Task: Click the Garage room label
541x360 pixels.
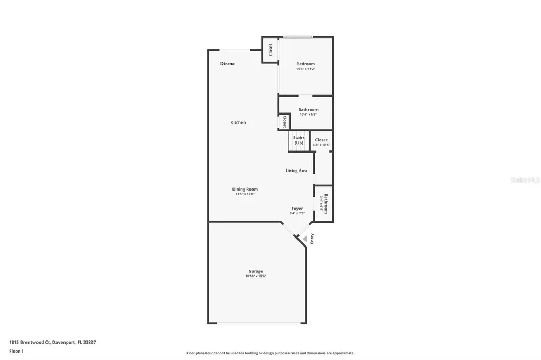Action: pyautogui.click(x=256, y=271)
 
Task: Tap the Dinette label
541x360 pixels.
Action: pyautogui.click(x=227, y=64)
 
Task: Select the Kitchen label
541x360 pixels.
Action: pyautogui.click(x=238, y=122)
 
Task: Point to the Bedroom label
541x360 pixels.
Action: pyautogui.click(x=305, y=64)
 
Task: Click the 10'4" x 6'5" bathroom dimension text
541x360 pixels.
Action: pyautogui.click(x=308, y=115)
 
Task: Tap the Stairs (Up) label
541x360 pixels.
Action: pyautogui.click(x=299, y=140)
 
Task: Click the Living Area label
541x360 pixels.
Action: pyautogui.click(x=296, y=170)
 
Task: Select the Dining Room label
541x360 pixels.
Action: pyautogui.click(x=245, y=189)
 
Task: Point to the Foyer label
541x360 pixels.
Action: pyautogui.click(x=297, y=209)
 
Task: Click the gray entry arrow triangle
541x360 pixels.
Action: pyautogui.click(x=304, y=239)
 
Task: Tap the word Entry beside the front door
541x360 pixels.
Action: pyautogui.click(x=312, y=238)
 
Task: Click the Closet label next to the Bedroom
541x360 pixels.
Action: pyautogui.click(x=270, y=50)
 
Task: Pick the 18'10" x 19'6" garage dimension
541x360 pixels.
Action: pyautogui.click(x=256, y=276)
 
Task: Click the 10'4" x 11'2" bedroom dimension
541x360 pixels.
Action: pyautogui.click(x=305, y=69)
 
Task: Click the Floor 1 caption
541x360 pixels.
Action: pyautogui.click(x=16, y=351)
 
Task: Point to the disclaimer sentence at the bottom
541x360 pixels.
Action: pyautogui.click(x=270, y=353)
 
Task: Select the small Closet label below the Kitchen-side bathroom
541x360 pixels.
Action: pyautogui.click(x=284, y=122)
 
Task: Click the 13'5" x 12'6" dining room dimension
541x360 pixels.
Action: pyautogui.click(x=245, y=194)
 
